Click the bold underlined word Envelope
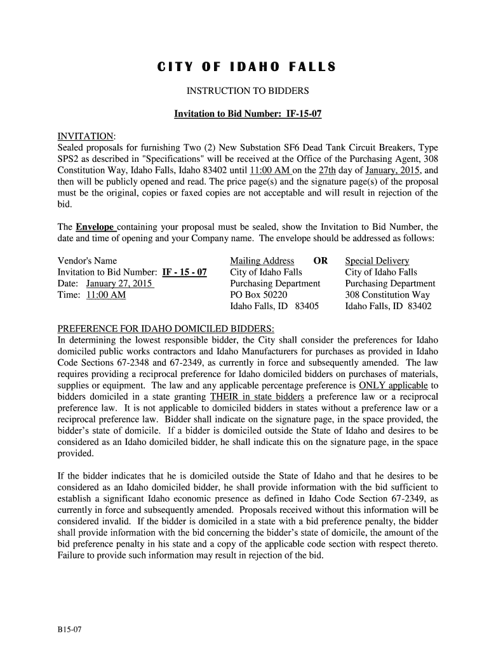(x=95, y=227)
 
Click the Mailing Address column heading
(x=262, y=261)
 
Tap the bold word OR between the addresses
(x=321, y=261)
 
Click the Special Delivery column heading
(x=377, y=261)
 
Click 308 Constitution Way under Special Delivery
(x=387, y=295)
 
